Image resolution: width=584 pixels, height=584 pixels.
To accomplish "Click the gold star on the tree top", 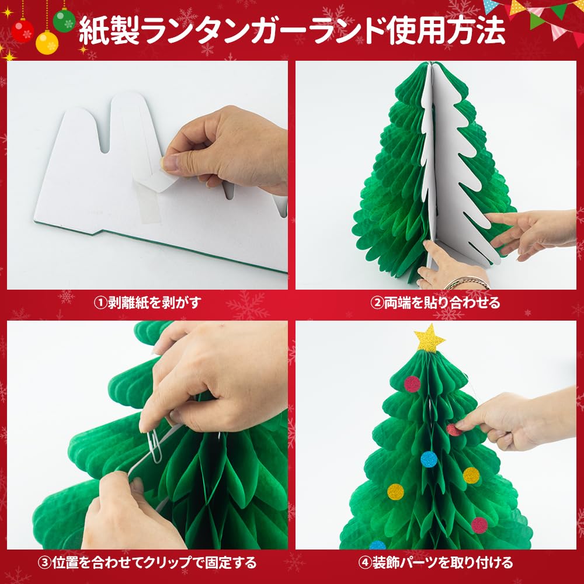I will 430,339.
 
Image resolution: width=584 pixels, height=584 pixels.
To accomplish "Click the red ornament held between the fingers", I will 453,430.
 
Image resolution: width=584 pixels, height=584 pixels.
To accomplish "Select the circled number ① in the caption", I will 100,303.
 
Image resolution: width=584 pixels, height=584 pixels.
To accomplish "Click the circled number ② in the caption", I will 378,303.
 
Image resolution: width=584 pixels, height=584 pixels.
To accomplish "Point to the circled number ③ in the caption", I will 44,562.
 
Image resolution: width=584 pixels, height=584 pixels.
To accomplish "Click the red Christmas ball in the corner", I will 22,30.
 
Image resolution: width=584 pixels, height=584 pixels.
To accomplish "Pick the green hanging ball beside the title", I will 64,20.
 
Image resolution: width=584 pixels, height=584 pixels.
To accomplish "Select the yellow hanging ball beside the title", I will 47,42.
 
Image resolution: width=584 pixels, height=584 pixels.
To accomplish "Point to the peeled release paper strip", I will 157,186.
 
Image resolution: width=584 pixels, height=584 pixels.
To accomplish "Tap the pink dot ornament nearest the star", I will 412,384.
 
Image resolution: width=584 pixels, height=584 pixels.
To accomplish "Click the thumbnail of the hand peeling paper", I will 147,175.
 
